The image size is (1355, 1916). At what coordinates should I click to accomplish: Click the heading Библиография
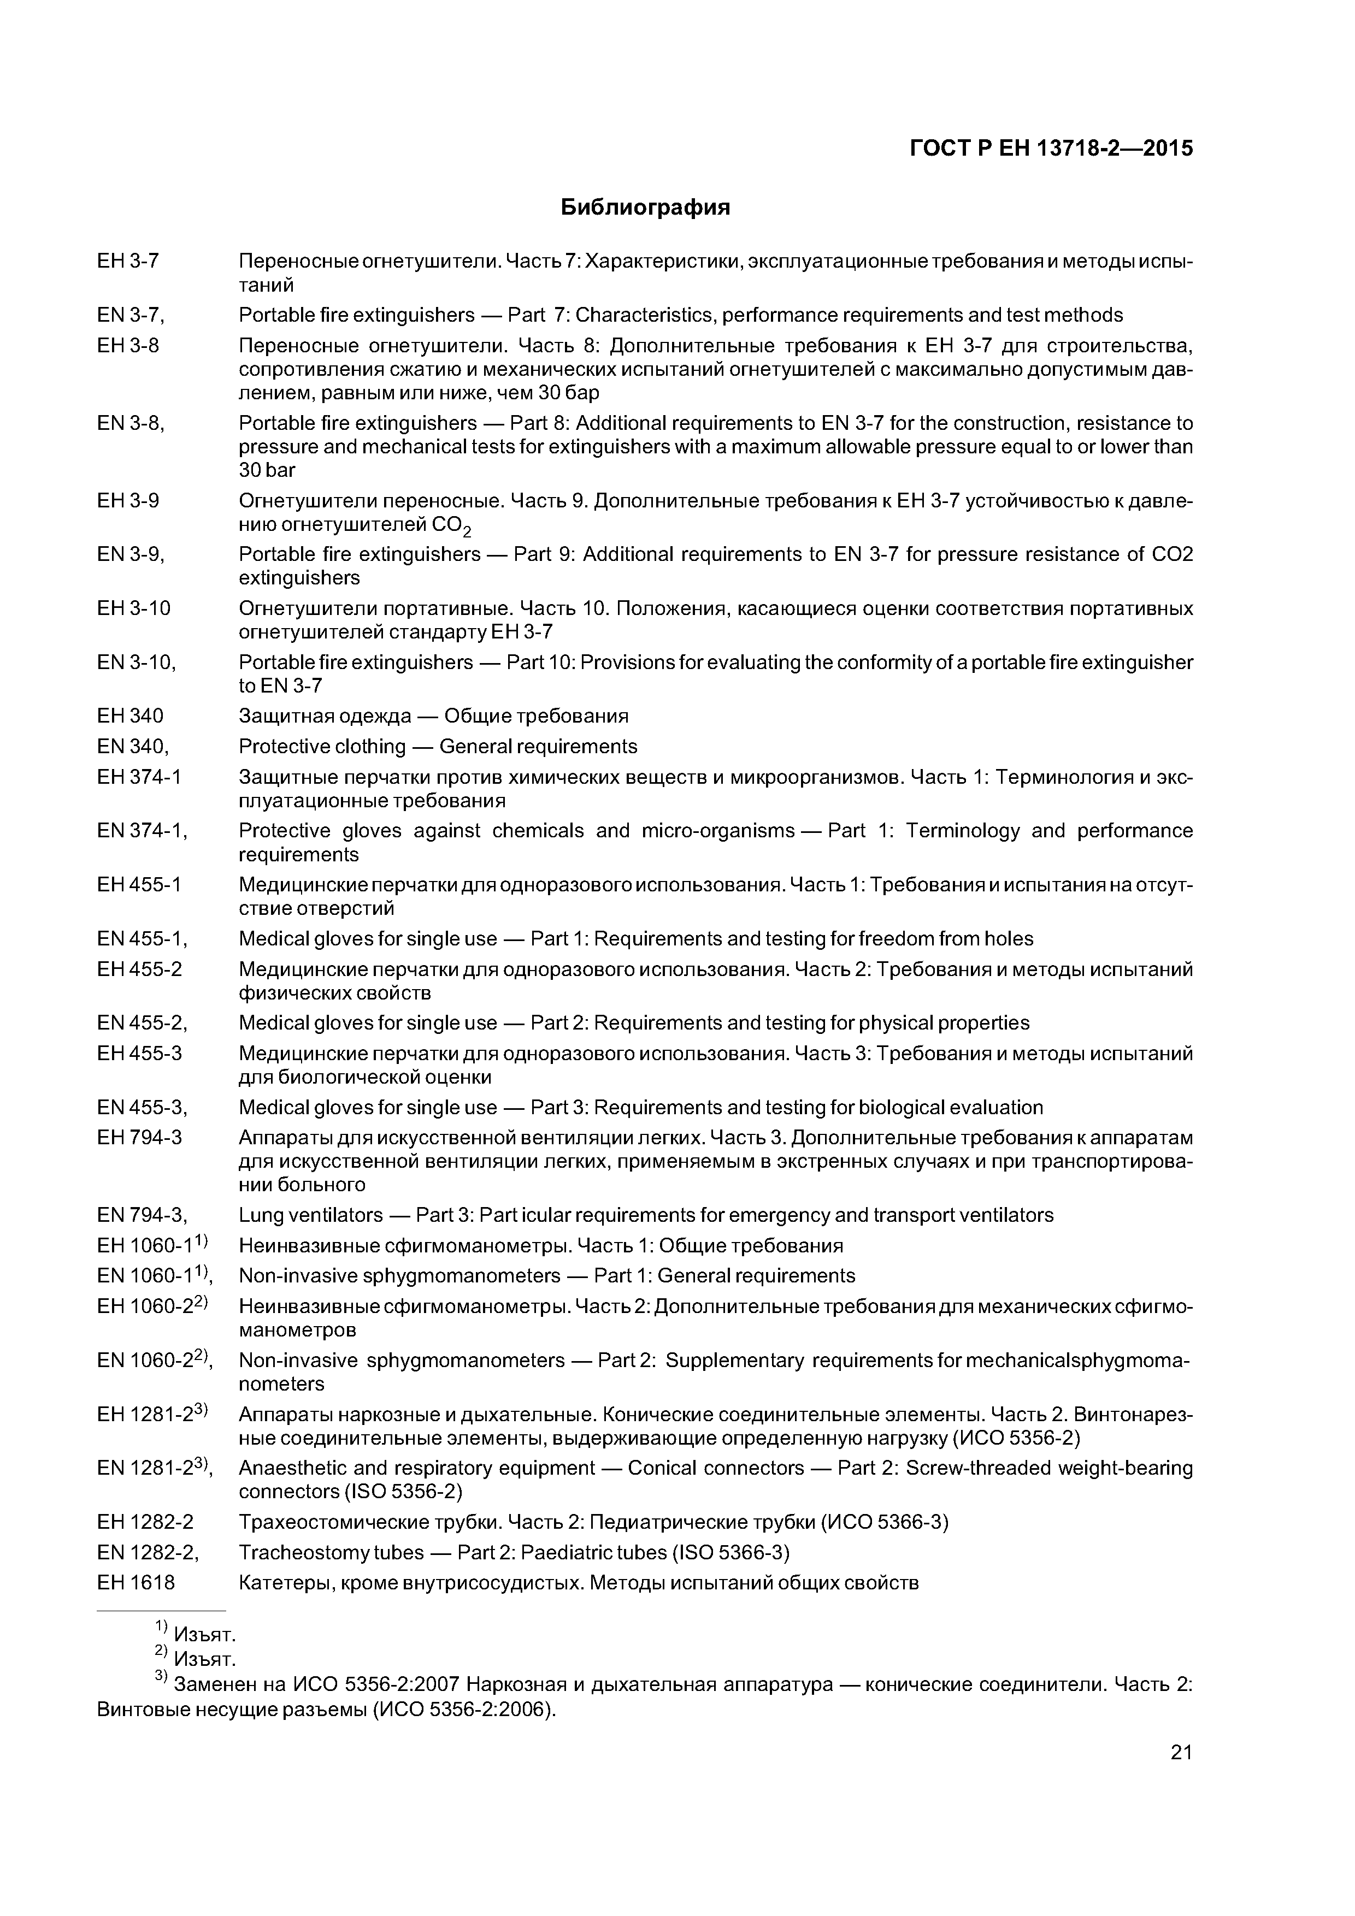(645, 207)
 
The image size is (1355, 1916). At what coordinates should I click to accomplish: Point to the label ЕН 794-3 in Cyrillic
(139, 1137)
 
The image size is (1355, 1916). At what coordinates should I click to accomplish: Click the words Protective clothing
(321, 746)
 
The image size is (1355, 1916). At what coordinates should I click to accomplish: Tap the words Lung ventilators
(310, 1215)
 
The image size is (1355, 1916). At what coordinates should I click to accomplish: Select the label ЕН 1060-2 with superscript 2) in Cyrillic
(152, 1306)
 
